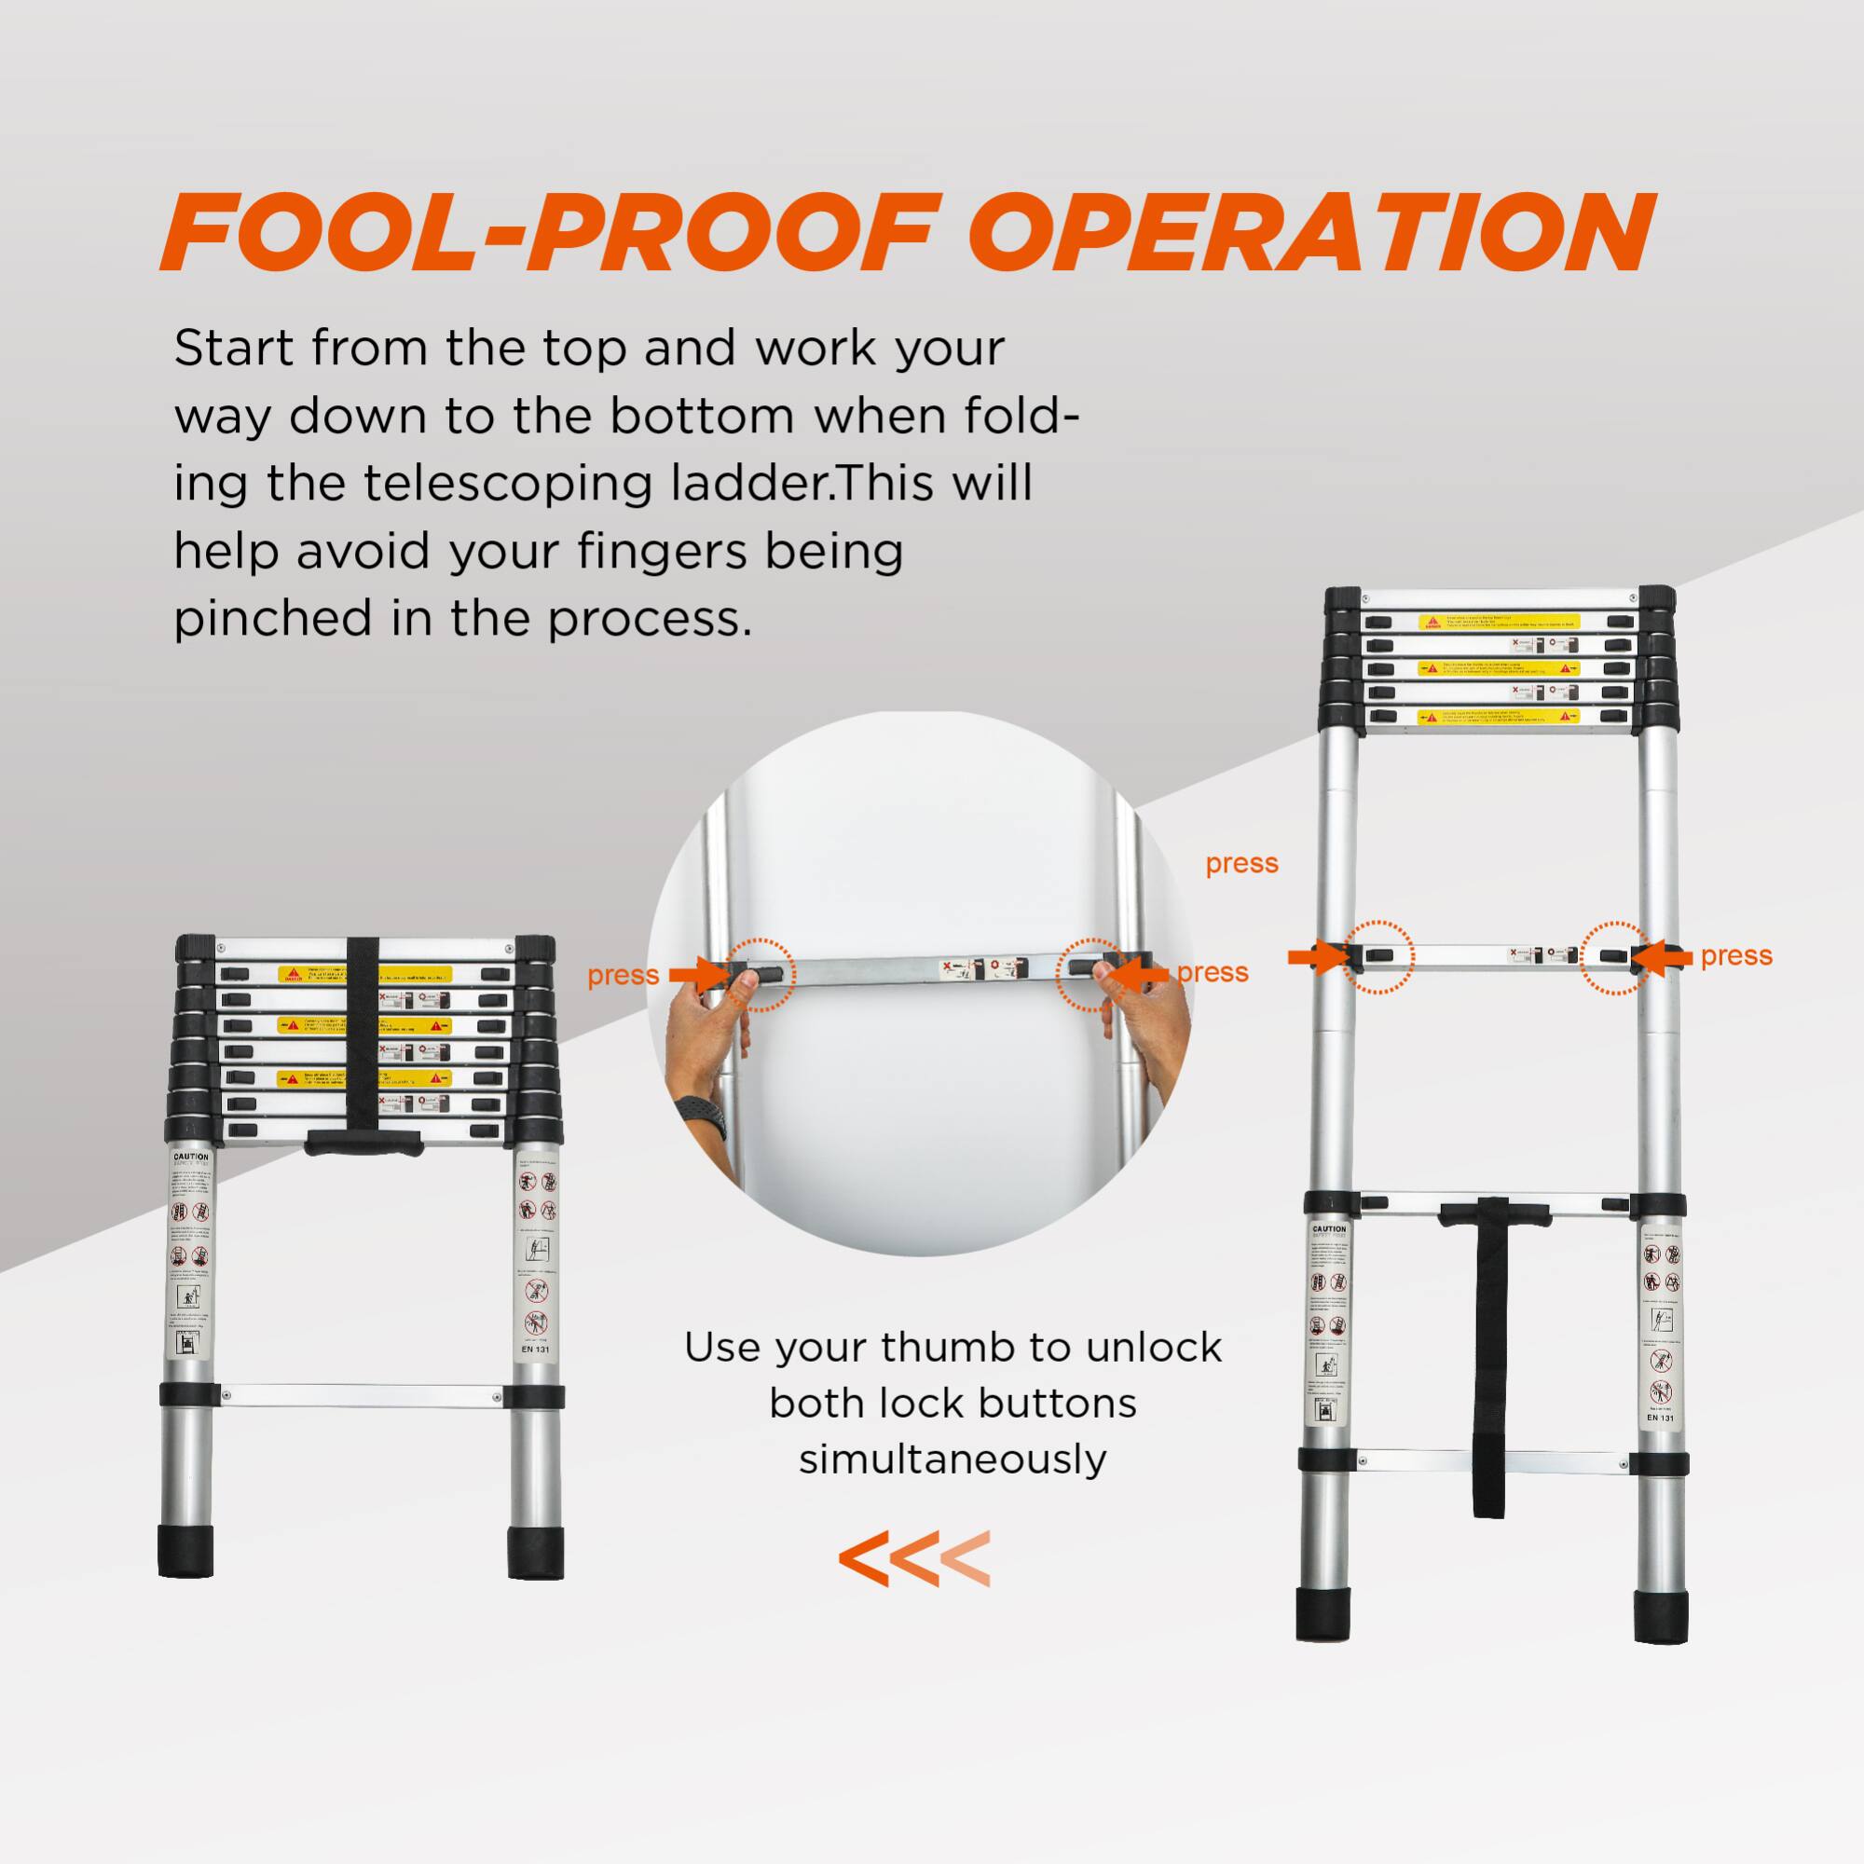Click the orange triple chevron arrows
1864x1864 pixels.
[x=913, y=1559]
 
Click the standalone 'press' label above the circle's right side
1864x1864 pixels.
[x=1241, y=864]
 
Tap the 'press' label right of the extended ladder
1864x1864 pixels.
[x=1736, y=955]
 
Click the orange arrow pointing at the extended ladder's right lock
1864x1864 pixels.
[x=1665, y=957]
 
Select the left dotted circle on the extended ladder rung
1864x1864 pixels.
[x=1379, y=957]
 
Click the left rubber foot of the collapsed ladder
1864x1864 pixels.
[x=185, y=1552]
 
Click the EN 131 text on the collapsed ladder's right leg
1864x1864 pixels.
[x=534, y=1350]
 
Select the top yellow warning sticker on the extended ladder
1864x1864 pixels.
[x=1498, y=623]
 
